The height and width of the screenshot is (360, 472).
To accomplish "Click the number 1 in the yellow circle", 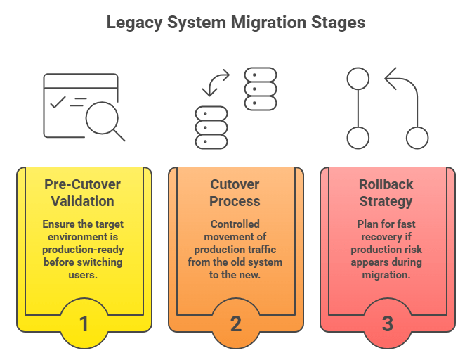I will tap(84, 324).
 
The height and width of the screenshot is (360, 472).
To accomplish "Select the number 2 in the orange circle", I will tap(236, 324).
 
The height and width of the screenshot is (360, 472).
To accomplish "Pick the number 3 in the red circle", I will tap(388, 324).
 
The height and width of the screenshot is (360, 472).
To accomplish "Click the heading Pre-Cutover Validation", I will tap(83, 193).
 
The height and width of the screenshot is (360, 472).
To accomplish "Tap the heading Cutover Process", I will tap(235, 193).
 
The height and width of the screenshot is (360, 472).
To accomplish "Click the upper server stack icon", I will tap(260, 89).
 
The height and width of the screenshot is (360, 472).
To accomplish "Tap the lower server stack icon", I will tap(211, 127).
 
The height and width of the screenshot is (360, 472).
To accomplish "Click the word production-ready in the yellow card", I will tap(83, 250).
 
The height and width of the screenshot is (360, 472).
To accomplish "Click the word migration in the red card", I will tap(387, 275).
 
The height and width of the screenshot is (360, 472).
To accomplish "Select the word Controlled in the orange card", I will tap(235, 224).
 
